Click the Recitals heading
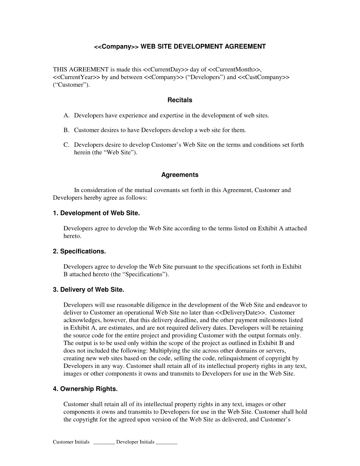pos(180,100)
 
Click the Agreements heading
pos(180,175)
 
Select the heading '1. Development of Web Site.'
pos(96,213)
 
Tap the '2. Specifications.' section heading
pos(79,251)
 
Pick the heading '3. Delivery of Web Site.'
pos(89,290)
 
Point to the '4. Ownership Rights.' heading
pos(85,389)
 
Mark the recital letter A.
pos(66,116)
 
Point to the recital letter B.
pos(66,130)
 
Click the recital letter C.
pos(66,145)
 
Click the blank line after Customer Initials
pos(104,442)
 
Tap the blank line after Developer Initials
pos(166,442)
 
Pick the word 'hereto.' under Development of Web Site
pos(72,236)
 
